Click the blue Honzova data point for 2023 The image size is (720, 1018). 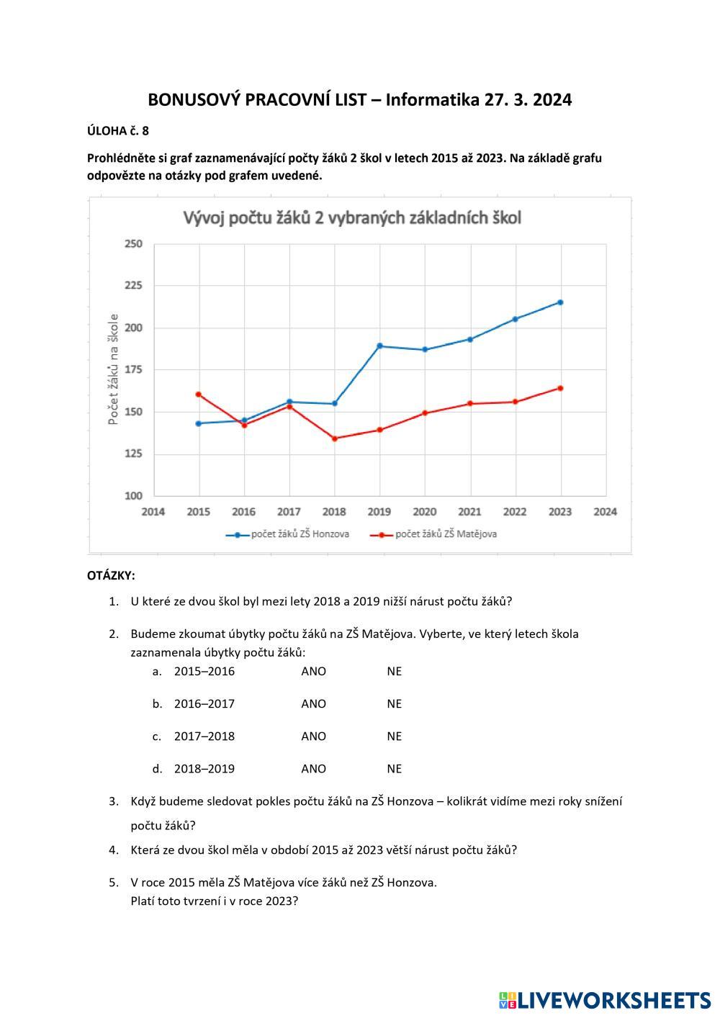(560, 302)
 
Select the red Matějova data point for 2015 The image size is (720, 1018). (198, 395)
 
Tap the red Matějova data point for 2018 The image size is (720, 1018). (334, 438)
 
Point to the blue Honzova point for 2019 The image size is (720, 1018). (379, 346)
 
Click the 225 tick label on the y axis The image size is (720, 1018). (133, 286)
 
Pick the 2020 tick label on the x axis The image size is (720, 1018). (425, 512)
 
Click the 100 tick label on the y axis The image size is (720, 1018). (133, 496)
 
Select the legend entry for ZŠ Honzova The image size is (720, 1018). (288, 534)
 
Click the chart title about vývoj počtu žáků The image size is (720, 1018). (352, 218)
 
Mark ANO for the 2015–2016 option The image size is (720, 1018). (313, 671)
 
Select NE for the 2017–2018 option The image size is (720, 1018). (394, 736)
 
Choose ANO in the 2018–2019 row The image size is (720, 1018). (313, 768)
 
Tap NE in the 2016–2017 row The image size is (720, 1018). (394, 703)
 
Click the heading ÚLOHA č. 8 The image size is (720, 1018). (118, 131)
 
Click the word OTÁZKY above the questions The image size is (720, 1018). (111, 576)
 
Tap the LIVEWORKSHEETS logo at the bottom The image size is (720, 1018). (605, 999)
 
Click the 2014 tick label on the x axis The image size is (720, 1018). (153, 512)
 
